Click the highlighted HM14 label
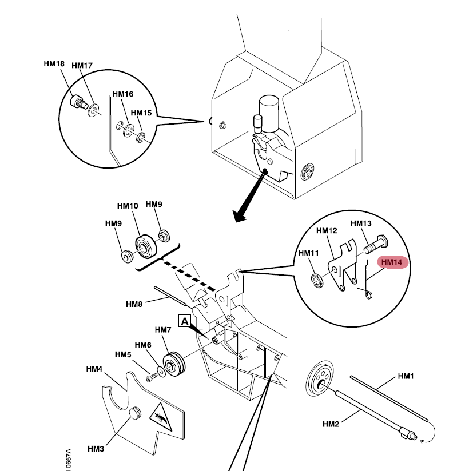click(x=392, y=262)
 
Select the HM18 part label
click(x=54, y=64)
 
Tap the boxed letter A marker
click(x=185, y=321)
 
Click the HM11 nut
click(x=315, y=280)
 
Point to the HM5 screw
click(x=152, y=377)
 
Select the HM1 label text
click(x=406, y=377)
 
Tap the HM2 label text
click(x=331, y=424)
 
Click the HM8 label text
click(x=134, y=304)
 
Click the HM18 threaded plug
click(x=77, y=102)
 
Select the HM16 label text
click(x=122, y=94)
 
